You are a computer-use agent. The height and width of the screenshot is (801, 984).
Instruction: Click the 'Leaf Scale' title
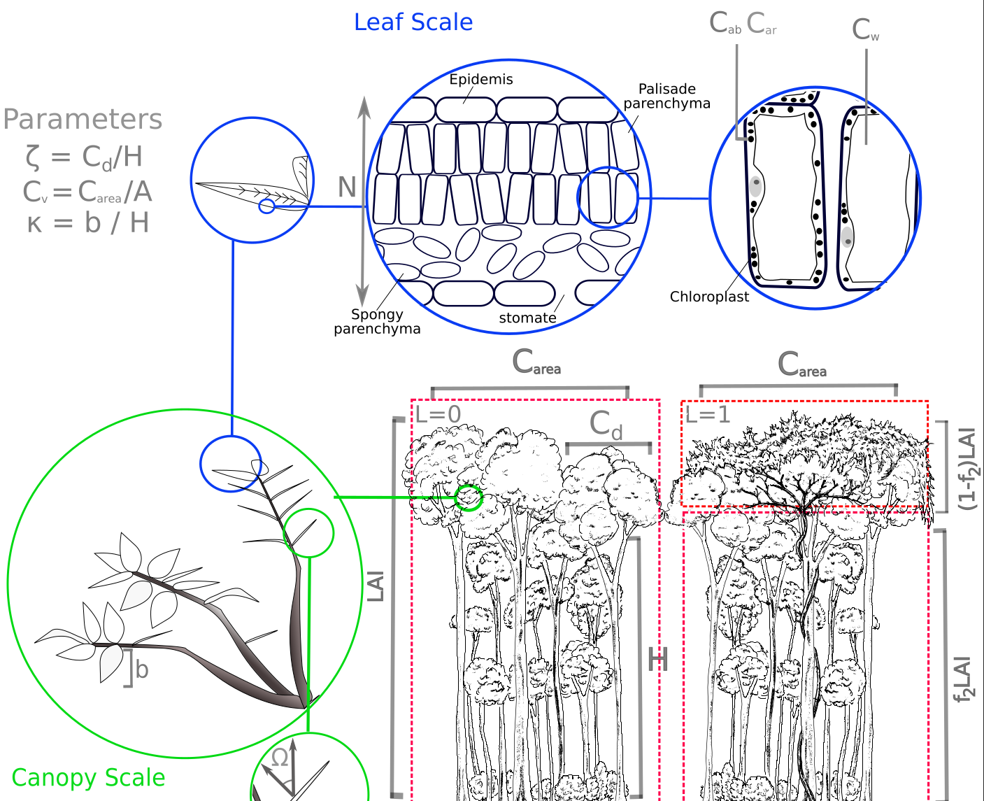pos(413,22)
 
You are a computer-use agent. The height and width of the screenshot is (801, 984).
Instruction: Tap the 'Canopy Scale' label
pos(89,778)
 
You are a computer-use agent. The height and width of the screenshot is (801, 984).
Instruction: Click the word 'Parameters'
pos(83,119)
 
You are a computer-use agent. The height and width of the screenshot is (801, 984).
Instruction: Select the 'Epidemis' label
pos(481,79)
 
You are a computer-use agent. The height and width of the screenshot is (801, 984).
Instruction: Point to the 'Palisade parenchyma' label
pos(666,97)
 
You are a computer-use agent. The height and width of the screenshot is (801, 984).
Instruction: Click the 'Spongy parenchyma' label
pos(377,322)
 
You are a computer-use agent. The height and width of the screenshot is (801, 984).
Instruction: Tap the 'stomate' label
pos(527,318)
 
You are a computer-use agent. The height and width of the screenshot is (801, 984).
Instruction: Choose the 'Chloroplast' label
pos(709,297)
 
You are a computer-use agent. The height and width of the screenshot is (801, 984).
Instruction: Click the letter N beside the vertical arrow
pos(347,187)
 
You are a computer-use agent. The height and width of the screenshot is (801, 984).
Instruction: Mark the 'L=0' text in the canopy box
pos(438,414)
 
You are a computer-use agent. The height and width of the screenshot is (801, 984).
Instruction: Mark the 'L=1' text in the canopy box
pos(708,415)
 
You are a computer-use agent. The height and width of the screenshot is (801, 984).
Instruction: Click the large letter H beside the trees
pos(657,660)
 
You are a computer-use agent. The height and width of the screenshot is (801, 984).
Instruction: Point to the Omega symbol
pos(280,757)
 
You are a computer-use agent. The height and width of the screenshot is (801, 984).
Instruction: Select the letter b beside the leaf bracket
pos(142,670)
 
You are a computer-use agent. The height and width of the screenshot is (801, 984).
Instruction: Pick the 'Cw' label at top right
pos(865,30)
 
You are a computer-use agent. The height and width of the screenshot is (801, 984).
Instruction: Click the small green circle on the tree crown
pos(469,497)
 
